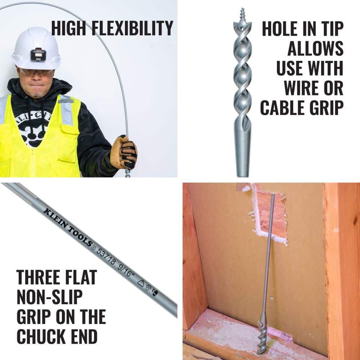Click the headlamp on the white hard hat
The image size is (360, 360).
[x=38, y=55]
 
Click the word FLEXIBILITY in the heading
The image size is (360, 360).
[x=132, y=28]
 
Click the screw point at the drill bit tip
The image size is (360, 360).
[x=243, y=15]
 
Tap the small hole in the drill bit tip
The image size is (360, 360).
[x=242, y=28]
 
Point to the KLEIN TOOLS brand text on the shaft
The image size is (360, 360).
[x=68, y=228]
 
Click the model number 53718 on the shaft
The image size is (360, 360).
[x=105, y=256]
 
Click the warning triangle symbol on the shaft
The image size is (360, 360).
[x=141, y=283]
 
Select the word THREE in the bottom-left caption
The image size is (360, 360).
[x=40, y=277]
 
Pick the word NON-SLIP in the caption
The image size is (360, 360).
[x=50, y=297]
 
